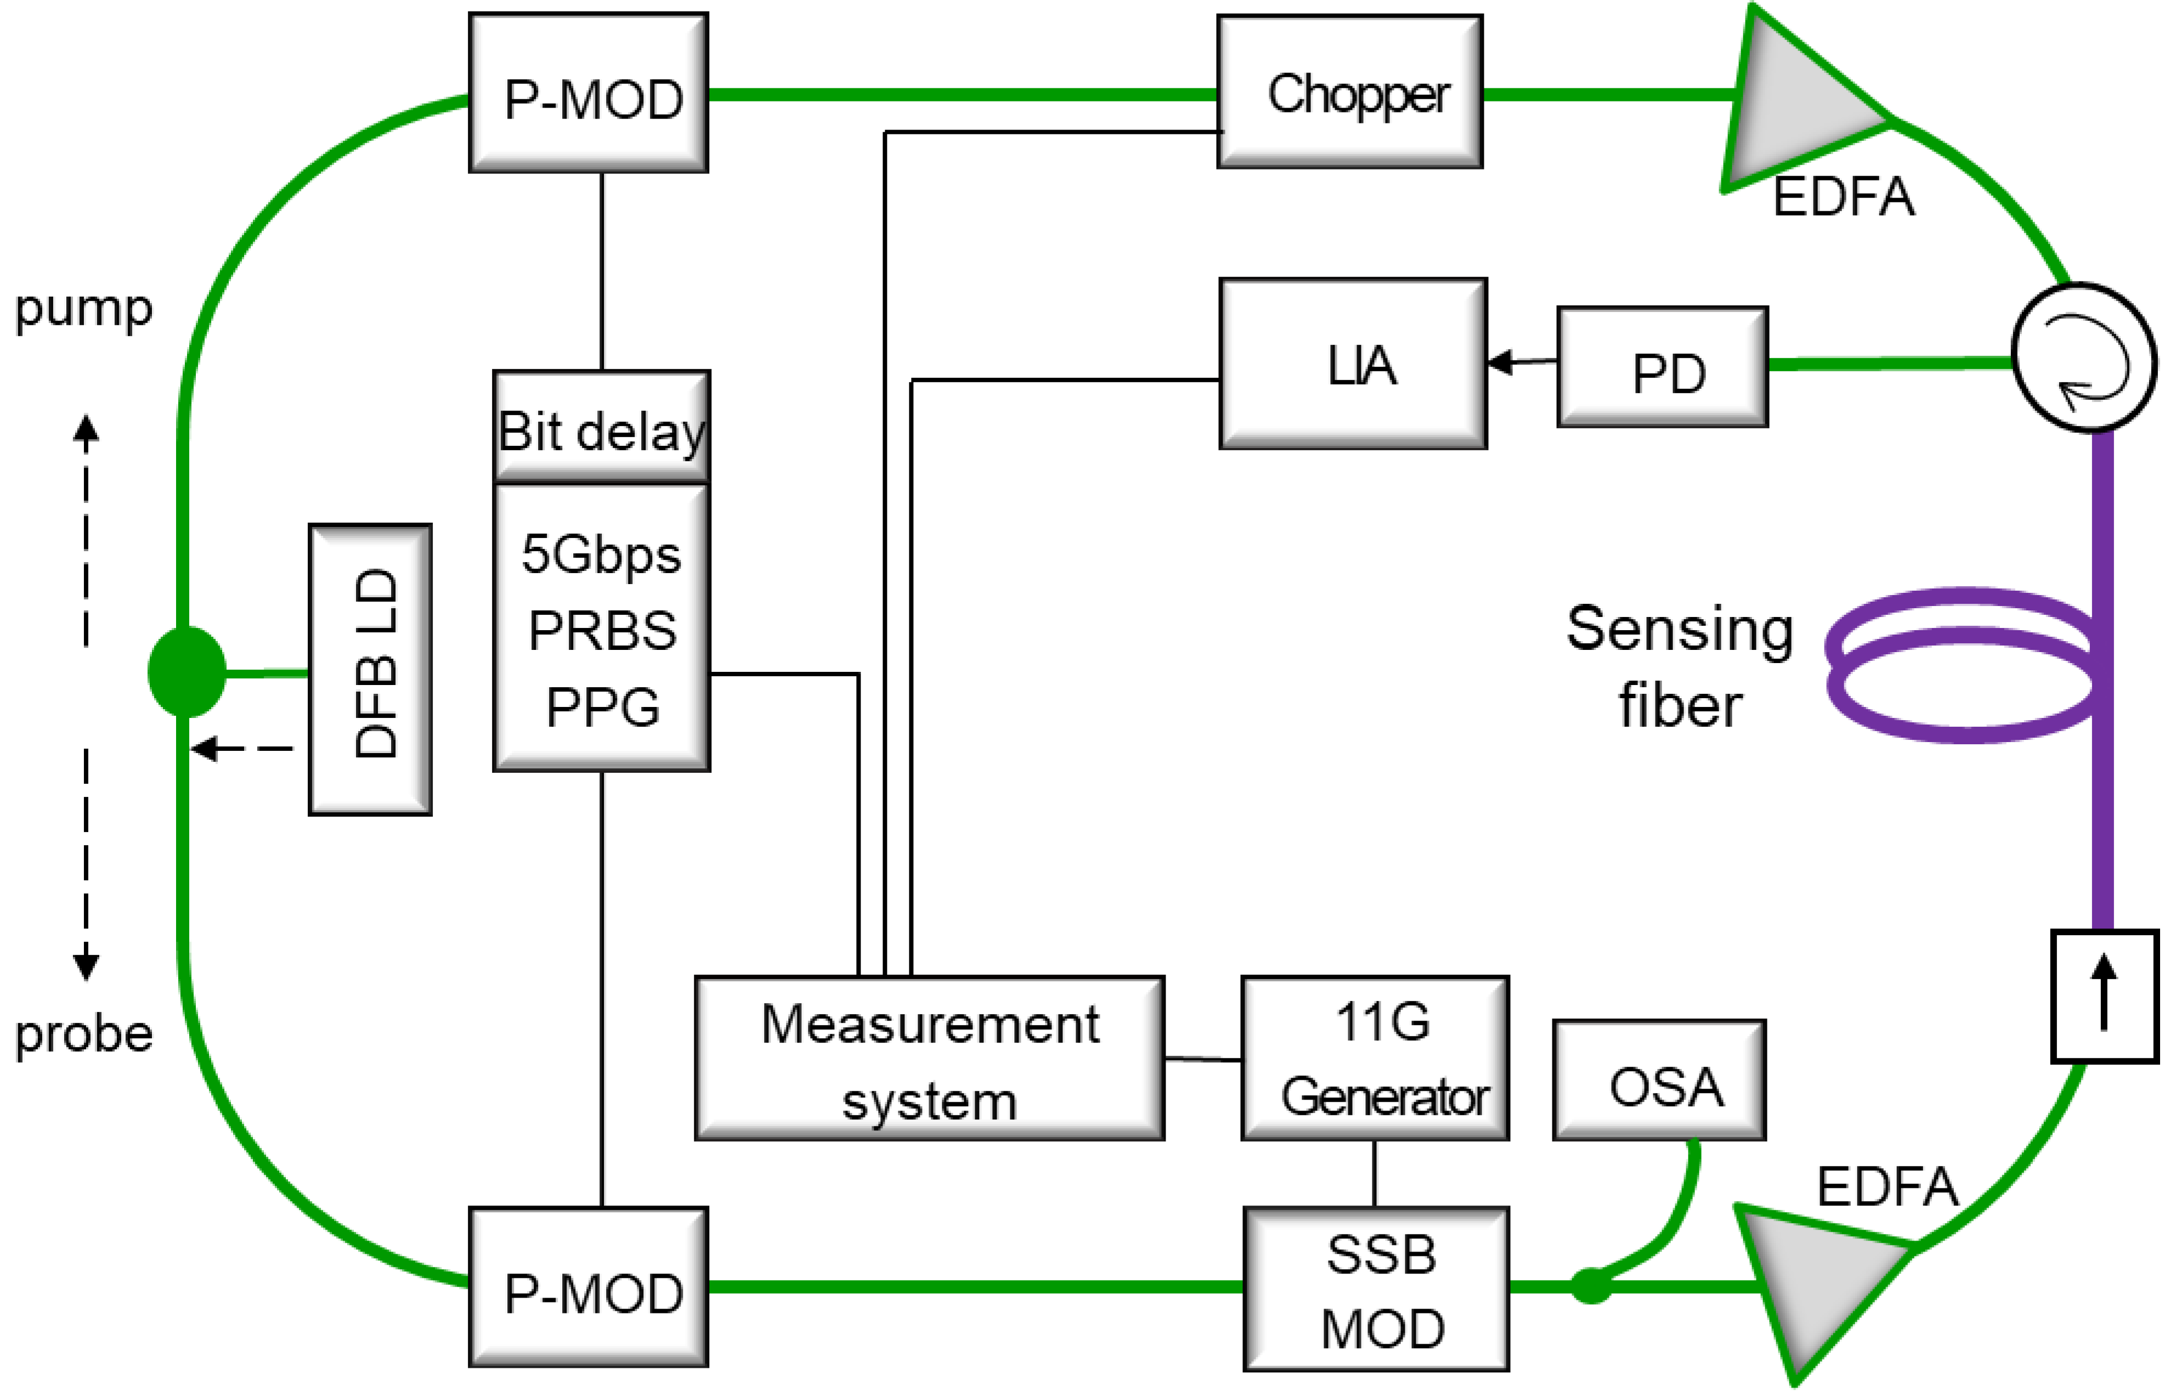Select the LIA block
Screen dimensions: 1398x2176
(x=1353, y=364)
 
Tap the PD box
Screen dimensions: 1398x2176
(x=1662, y=367)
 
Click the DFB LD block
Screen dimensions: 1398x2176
(x=370, y=670)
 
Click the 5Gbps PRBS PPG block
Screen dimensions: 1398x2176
(x=602, y=628)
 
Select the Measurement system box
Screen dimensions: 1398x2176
(x=930, y=1059)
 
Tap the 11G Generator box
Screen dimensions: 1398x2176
(x=1375, y=1059)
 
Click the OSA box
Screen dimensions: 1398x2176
(x=1659, y=1080)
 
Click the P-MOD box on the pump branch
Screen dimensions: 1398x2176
(x=588, y=93)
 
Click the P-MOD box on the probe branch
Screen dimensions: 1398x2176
(x=588, y=1287)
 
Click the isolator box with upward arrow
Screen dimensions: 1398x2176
(x=2104, y=996)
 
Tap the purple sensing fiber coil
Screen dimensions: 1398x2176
(x=1961, y=665)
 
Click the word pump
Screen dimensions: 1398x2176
(x=83, y=309)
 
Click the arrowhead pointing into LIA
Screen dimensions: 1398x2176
(x=1500, y=362)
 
